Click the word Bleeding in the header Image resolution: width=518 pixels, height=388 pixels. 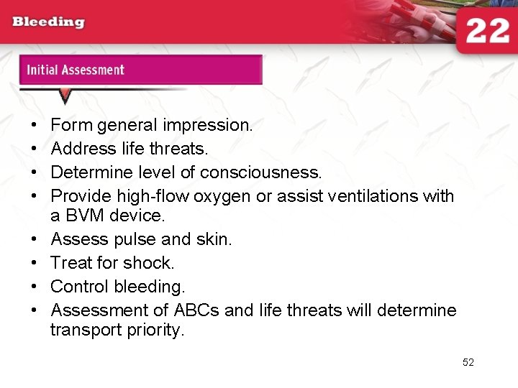point(48,22)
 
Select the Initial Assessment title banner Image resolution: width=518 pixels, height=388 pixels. point(140,70)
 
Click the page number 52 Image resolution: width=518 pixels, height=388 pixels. point(468,362)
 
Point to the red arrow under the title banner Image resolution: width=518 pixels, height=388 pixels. point(65,96)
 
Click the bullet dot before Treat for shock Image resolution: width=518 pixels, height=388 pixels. point(35,262)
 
